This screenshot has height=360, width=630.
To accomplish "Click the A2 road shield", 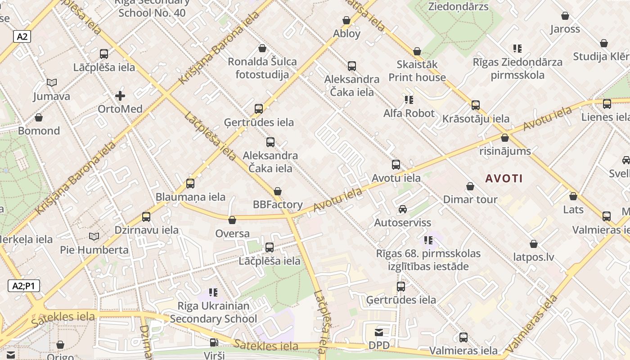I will (22, 36).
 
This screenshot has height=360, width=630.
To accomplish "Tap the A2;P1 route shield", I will (23, 286).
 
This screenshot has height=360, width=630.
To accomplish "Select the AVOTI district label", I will (504, 178).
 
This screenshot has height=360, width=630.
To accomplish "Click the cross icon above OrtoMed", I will (120, 96).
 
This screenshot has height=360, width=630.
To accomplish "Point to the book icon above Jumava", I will (52, 83).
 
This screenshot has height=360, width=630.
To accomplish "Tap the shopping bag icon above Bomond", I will (39, 117).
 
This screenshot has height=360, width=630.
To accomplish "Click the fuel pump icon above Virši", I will (214, 342).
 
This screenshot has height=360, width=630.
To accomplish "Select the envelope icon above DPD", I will (379, 333).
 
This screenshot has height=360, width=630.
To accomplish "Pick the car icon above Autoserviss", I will (403, 209).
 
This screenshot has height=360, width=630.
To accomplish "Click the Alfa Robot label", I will (409, 113).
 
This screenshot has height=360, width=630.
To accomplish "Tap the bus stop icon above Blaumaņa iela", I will (190, 184).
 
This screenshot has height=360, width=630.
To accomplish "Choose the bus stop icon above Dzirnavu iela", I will (146, 217).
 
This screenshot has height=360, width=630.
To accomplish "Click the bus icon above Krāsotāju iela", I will (476, 105).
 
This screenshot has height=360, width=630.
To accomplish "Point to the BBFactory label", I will (278, 205).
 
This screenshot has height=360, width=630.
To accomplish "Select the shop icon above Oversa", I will (232, 220).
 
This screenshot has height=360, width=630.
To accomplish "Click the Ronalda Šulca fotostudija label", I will (262, 68).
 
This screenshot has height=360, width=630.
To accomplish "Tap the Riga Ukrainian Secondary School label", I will (213, 312).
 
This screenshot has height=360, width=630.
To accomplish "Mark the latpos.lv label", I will (534, 257).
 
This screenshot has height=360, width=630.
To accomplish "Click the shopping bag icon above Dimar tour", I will (470, 186).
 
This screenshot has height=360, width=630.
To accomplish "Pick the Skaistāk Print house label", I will (417, 71).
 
